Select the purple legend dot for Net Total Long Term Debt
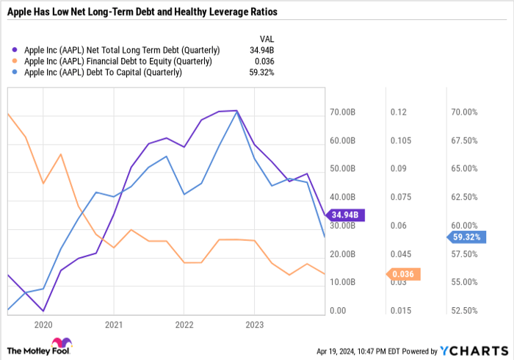pyautogui.click(x=16, y=50)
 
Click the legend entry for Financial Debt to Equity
pyautogui.click(x=117, y=61)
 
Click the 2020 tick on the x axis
pyautogui.click(x=43, y=324)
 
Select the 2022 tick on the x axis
pyautogui.click(x=184, y=324)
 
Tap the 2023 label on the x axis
pyautogui.click(x=254, y=324)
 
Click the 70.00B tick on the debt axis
pyautogui.click(x=342, y=112)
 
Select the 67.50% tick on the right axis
pyautogui.click(x=464, y=141)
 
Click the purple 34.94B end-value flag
pyautogui.click(x=345, y=215)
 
